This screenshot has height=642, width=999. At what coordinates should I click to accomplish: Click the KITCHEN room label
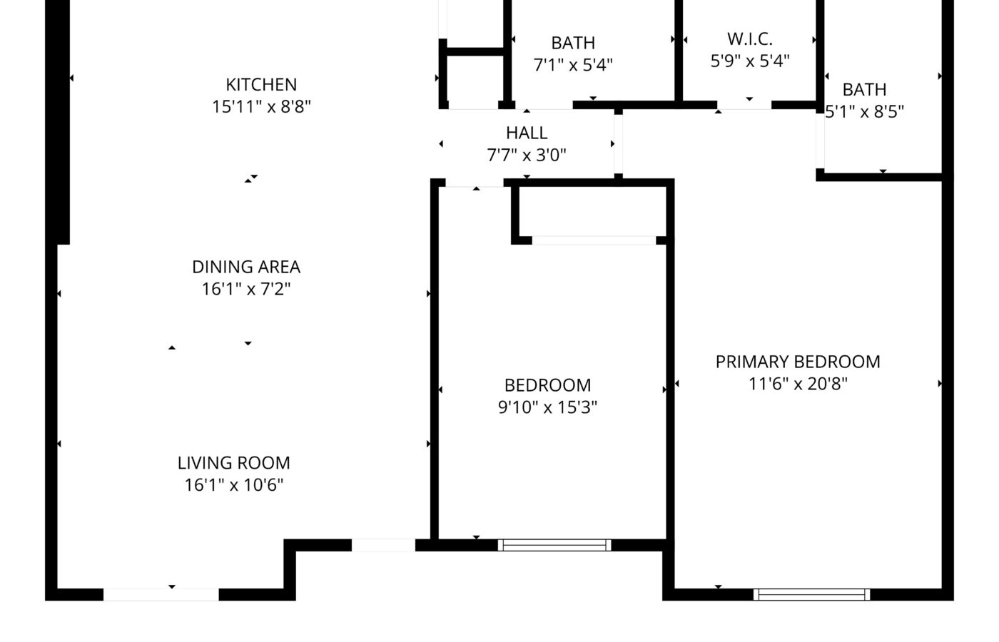pyautogui.click(x=261, y=84)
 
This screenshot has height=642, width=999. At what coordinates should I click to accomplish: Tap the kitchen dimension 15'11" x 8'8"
pyautogui.click(x=261, y=106)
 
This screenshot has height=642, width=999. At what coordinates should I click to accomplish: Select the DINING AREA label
pyautogui.click(x=246, y=267)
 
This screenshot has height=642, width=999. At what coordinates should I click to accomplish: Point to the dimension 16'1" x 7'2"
pyautogui.click(x=246, y=289)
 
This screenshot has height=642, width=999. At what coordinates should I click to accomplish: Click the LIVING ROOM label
pyautogui.click(x=234, y=463)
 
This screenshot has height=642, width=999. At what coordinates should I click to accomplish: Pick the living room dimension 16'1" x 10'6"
pyautogui.click(x=234, y=484)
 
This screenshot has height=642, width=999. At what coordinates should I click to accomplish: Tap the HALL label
pyautogui.click(x=527, y=133)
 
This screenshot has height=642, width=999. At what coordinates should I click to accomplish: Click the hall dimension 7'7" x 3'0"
pyautogui.click(x=527, y=156)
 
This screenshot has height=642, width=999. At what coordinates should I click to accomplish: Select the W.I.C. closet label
pyautogui.click(x=750, y=39)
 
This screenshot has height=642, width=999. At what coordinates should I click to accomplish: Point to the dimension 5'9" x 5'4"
pyautogui.click(x=750, y=61)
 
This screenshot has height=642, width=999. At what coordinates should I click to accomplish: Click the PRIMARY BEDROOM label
pyautogui.click(x=798, y=362)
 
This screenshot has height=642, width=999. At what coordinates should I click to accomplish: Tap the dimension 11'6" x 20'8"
pyautogui.click(x=798, y=384)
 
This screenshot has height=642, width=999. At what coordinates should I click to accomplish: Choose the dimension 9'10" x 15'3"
pyautogui.click(x=547, y=407)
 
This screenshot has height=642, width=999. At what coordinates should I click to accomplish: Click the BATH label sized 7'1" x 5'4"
pyautogui.click(x=573, y=43)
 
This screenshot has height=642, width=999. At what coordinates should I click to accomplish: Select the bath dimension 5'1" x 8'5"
pyautogui.click(x=864, y=111)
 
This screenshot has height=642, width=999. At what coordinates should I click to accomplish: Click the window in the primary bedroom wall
pyautogui.click(x=812, y=594)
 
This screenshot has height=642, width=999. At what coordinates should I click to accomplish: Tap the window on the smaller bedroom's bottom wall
pyautogui.click(x=554, y=545)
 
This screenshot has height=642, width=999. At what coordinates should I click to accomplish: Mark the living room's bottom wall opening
pyautogui.click(x=161, y=594)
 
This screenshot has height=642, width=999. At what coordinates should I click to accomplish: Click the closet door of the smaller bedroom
pyautogui.click(x=594, y=240)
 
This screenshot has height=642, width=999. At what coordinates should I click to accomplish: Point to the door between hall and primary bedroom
pyautogui.click(x=618, y=144)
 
